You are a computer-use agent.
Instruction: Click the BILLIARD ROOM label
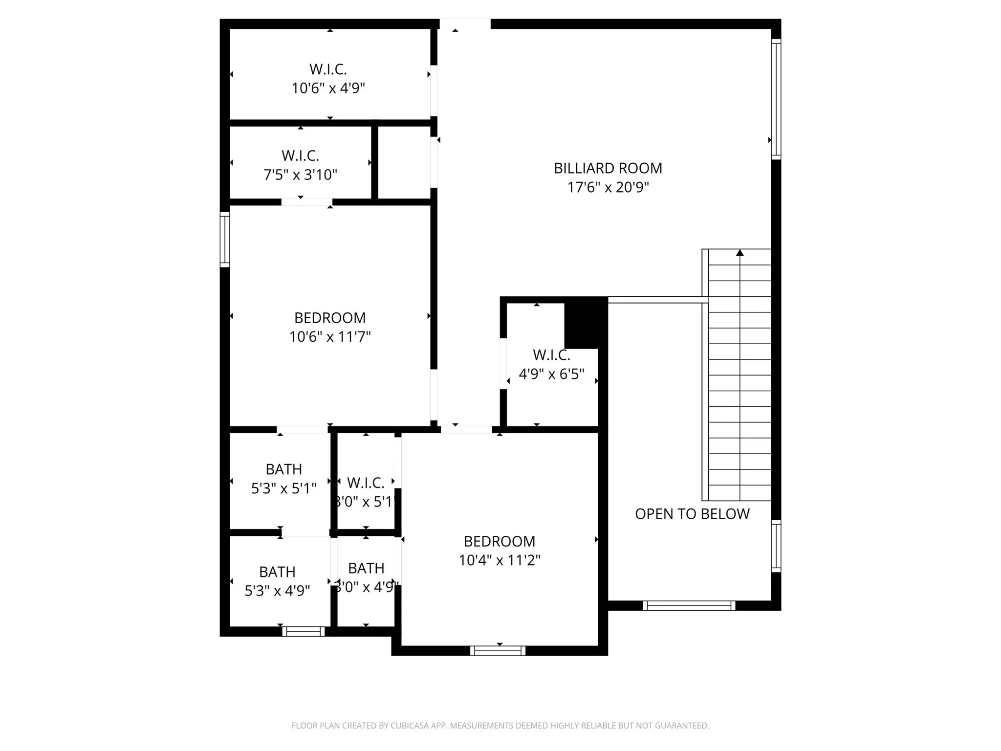608,168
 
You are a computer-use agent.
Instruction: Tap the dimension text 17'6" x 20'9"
608,187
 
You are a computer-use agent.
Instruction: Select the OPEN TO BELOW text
692,514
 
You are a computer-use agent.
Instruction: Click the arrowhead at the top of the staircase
740,253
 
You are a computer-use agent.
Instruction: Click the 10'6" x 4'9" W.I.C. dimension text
328,88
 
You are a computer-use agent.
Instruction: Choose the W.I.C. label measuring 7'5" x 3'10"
300,156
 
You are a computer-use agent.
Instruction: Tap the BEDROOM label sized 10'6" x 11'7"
330,318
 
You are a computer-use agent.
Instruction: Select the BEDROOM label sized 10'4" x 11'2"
499,541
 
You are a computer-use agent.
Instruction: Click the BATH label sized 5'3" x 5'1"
283,469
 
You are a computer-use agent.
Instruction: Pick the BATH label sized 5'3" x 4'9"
277,572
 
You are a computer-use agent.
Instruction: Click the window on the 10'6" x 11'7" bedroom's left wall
225,240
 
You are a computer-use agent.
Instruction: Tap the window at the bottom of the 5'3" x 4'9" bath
304,631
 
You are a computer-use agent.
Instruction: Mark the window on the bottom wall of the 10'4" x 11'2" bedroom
498,651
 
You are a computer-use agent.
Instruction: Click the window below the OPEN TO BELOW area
689,606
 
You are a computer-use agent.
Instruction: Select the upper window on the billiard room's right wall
776,99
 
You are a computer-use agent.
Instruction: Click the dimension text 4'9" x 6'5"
551,375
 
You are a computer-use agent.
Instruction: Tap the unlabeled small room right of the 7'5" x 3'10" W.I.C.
404,163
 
